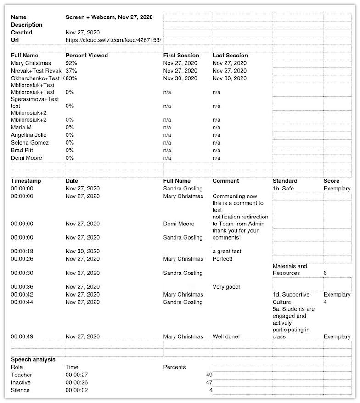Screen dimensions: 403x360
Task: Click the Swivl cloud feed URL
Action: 113,40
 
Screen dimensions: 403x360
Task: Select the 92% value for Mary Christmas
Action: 71,63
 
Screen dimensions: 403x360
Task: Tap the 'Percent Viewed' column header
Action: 87,56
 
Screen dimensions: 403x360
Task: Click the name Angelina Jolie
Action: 29,135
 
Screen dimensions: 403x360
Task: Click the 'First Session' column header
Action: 181,56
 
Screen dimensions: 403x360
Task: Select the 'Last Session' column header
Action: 230,56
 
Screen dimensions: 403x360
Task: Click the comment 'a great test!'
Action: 228,252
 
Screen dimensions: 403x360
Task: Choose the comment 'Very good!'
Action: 226,287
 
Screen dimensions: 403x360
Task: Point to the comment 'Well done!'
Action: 226,337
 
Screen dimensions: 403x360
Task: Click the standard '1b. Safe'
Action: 283,189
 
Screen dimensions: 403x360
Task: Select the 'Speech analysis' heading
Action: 33,360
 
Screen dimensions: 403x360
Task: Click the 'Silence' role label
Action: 20,390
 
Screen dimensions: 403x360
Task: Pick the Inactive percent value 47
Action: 209,383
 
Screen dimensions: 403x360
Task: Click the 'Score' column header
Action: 332,181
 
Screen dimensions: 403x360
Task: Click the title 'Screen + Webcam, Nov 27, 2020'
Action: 109,17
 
